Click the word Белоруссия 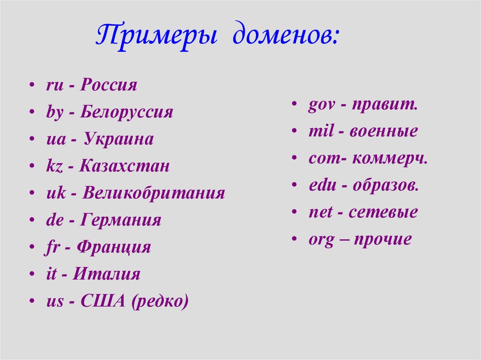pyautogui.click(x=126, y=112)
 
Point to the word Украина pyautogui.click(x=119, y=139)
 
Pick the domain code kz pyautogui.click(x=53, y=166)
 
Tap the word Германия pyautogui.click(x=121, y=220)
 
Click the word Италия pyautogui.click(x=107, y=274)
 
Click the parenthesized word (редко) pyautogui.click(x=160, y=301)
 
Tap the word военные pyautogui.click(x=383, y=132)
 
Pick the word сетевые pyautogui.click(x=383, y=213)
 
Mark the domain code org pyautogui.click(x=321, y=240)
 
